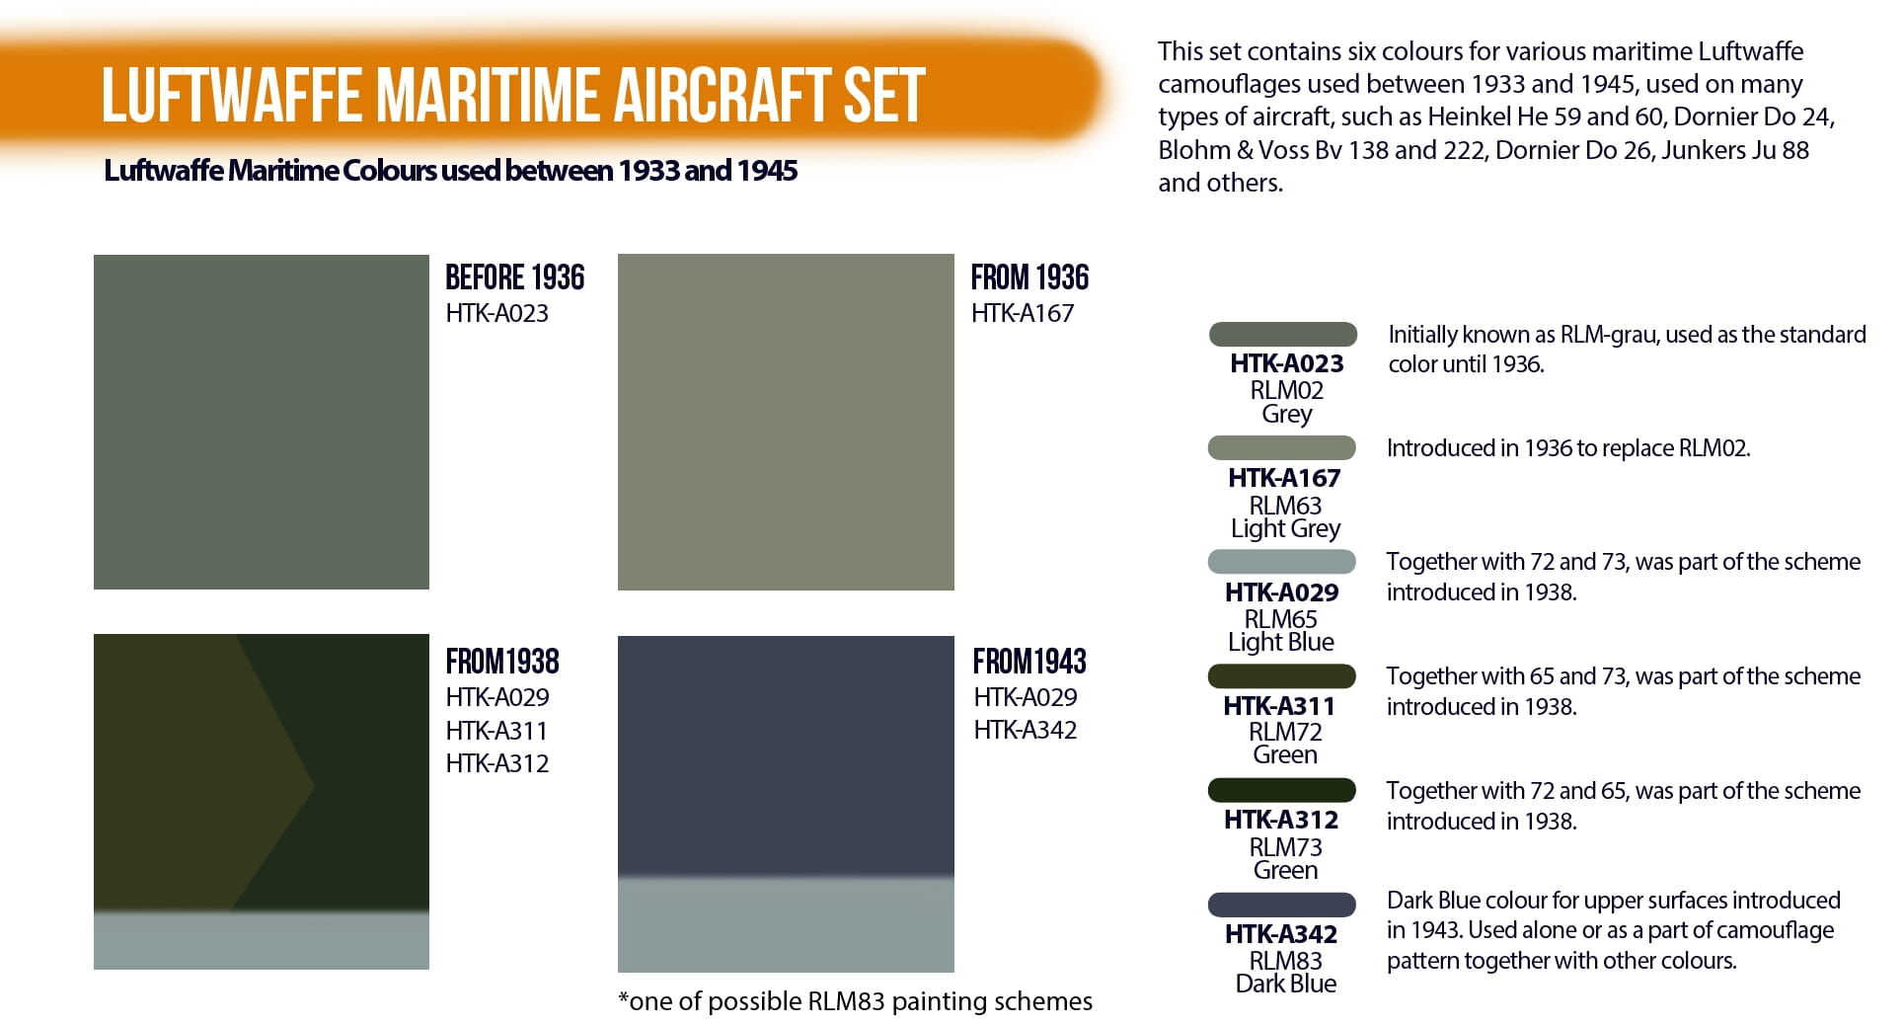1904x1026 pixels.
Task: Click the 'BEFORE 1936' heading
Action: click(514, 277)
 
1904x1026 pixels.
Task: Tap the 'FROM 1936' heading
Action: click(1029, 277)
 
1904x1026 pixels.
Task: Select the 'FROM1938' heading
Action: click(502, 661)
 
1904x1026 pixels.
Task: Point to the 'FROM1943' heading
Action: click(1029, 661)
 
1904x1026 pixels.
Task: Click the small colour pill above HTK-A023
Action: click(1283, 334)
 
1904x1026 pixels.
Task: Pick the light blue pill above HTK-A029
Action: click(1282, 562)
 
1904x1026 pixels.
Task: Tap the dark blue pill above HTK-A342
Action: click(1282, 905)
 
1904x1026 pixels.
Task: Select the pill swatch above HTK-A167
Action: click(1282, 447)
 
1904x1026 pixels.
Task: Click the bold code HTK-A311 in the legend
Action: click(1279, 706)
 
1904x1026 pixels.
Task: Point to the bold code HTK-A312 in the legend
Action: click(1281, 820)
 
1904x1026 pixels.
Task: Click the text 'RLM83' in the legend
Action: click(1285, 961)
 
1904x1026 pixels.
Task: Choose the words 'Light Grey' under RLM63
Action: click(1285, 529)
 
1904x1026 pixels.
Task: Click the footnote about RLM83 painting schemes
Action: click(855, 1001)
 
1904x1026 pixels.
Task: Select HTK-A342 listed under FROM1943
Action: click(1025, 730)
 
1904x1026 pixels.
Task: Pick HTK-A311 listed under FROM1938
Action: click(496, 731)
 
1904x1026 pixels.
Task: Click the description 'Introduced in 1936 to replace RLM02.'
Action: click(1568, 448)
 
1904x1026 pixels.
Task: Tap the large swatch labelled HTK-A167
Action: click(786, 423)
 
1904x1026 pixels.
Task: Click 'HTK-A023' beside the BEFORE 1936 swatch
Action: click(496, 313)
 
